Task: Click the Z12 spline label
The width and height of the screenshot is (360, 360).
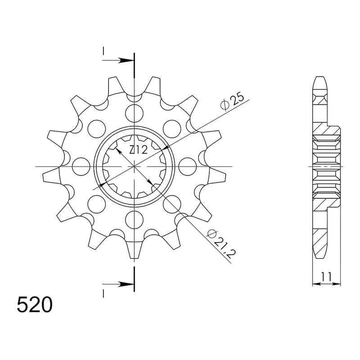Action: (x=138, y=150)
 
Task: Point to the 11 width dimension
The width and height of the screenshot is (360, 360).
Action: (x=326, y=277)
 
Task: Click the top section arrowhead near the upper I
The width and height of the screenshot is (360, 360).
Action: (x=126, y=61)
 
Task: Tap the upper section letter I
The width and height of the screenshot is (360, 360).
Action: (x=103, y=51)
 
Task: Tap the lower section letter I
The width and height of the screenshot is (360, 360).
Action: (x=103, y=293)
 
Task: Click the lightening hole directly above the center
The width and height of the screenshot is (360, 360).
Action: (x=134, y=113)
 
